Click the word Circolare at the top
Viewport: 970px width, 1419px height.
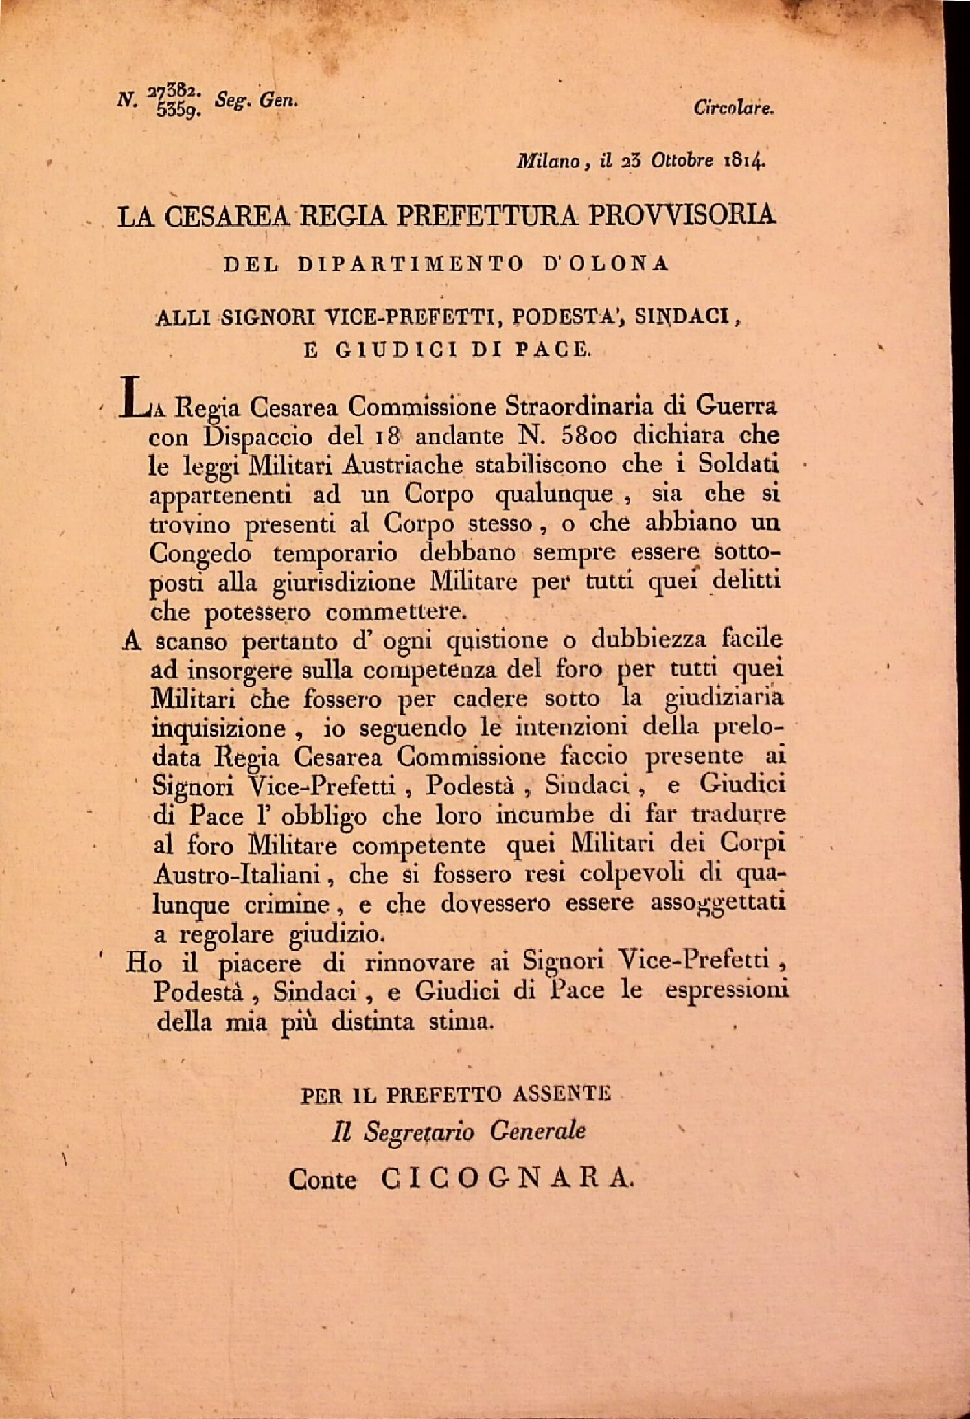[x=733, y=108]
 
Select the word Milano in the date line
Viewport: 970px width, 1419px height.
[x=548, y=161]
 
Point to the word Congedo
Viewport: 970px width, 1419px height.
[x=200, y=554]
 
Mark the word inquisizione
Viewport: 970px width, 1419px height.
[x=218, y=728]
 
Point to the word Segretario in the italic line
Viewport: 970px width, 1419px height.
[x=419, y=1131]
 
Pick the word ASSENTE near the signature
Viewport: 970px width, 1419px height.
[x=561, y=1094]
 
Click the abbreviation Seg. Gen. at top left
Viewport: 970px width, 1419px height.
[x=257, y=100]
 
